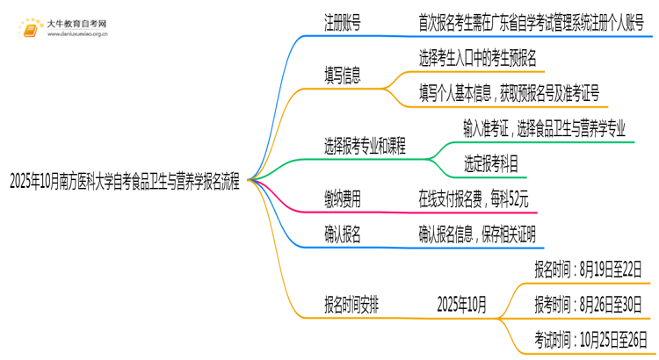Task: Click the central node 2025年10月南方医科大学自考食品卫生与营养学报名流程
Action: coord(124,181)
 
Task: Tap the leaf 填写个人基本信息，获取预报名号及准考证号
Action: coord(509,92)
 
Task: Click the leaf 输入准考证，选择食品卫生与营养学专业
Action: coord(545,128)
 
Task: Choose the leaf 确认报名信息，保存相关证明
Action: coord(477,234)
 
